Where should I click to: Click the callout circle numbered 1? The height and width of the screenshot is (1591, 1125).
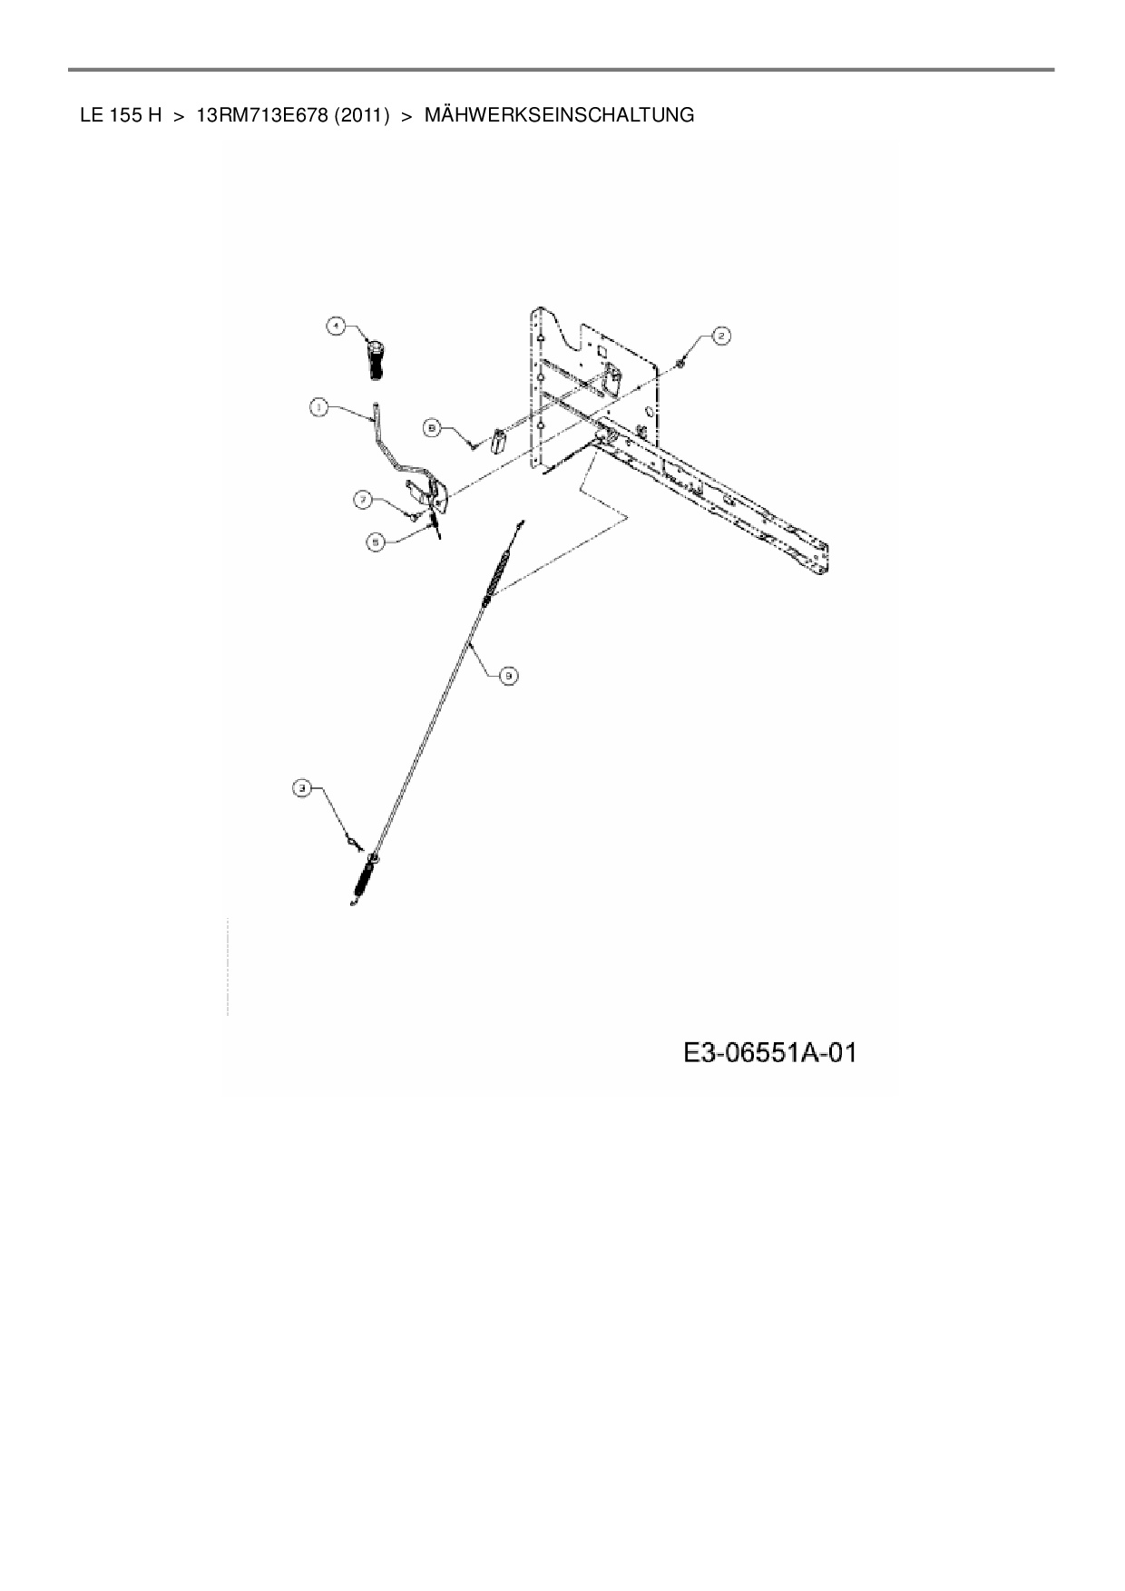(x=318, y=408)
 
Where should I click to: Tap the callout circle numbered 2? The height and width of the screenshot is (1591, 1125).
(x=721, y=337)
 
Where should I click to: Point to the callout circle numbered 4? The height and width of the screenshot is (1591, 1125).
(x=336, y=325)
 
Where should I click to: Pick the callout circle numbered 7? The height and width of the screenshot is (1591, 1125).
(x=362, y=498)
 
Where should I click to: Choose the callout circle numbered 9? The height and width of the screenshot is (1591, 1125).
(x=509, y=674)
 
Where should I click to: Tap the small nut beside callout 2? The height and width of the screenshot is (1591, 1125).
(x=680, y=365)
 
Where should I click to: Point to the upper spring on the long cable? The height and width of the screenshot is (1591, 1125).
(x=495, y=575)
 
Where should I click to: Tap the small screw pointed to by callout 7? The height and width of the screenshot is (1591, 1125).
(x=412, y=515)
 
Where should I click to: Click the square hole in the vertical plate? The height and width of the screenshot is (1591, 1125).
(x=601, y=350)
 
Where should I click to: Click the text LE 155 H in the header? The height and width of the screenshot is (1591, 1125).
(x=121, y=115)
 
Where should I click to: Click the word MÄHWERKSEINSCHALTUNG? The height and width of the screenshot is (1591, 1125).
(x=559, y=115)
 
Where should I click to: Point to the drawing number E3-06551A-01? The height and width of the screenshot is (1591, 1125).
(x=770, y=1053)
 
